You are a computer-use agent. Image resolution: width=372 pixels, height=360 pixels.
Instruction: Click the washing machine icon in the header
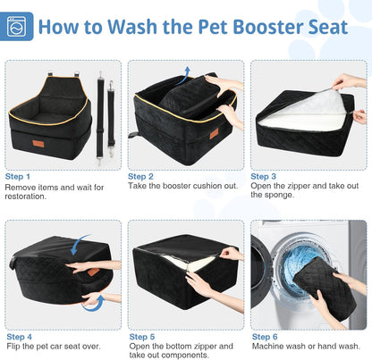coord(19,26)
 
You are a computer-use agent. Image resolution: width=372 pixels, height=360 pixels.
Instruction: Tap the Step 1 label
coord(18,176)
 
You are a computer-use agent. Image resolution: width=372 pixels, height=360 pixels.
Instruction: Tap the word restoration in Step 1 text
coord(28,197)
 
